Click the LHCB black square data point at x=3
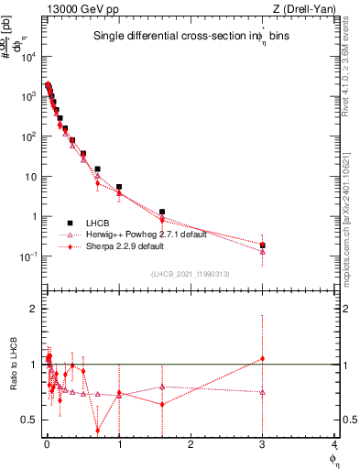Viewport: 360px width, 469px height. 263,245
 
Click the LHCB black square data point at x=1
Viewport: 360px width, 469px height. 119,187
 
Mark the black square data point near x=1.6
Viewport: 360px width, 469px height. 162,212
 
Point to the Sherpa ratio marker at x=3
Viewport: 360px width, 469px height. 263,358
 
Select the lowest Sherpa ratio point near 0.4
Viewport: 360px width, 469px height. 98,431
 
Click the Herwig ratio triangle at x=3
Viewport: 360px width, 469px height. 263,392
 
